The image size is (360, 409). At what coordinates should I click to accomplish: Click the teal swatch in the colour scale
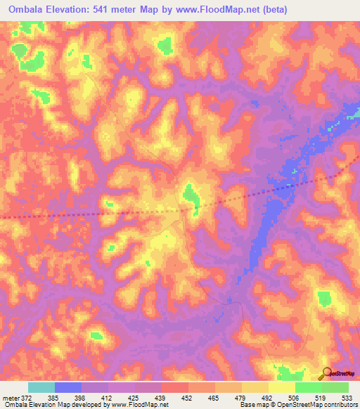41,387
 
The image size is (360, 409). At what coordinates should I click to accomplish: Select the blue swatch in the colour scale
67,387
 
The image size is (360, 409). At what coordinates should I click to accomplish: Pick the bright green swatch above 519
308,387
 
